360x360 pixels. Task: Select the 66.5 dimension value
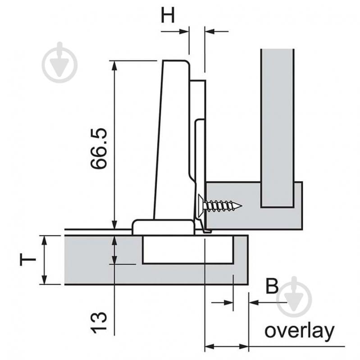[x=99, y=148]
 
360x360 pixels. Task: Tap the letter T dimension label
[x=28, y=260]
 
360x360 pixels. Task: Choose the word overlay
[x=299, y=332]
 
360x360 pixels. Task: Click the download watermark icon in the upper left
[x=59, y=63]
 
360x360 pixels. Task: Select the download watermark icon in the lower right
[x=294, y=297]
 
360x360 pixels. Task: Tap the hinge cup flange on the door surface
[x=163, y=227]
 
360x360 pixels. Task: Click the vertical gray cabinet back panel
[x=277, y=126]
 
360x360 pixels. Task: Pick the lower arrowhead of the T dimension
[x=44, y=280]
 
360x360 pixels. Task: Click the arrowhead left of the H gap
[x=185, y=31]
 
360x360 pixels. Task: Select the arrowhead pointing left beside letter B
[x=252, y=302]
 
